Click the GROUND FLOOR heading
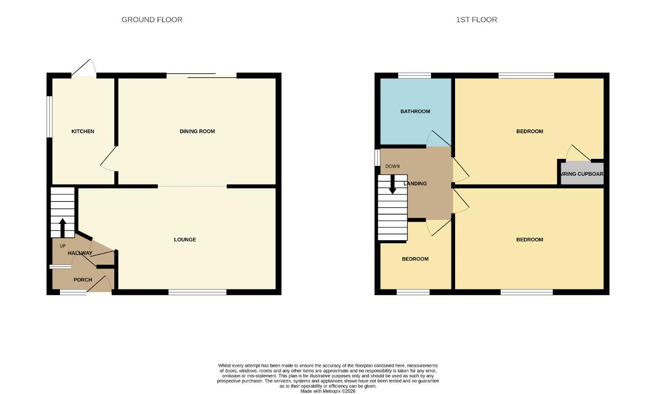[x=152, y=19]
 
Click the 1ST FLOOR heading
[x=477, y=19]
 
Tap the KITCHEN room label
[x=83, y=132]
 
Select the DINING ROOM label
[x=197, y=132]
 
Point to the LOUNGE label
[x=185, y=239]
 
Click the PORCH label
[x=83, y=280]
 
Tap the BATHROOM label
[x=415, y=112]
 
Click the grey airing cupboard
[x=582, y=173]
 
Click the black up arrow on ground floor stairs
[x=63, y=227]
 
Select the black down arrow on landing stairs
[x=393, y=184]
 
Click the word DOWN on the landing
[x=393, y=167]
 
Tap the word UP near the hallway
[x=63, y=246]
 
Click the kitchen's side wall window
[x=50, y=116]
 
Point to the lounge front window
[x=197, y=292]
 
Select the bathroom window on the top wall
[x=415, y=75]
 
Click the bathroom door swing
[x=438, y=138]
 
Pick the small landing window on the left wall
[x=378, y=158]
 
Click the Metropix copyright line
[x=327, y=391]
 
